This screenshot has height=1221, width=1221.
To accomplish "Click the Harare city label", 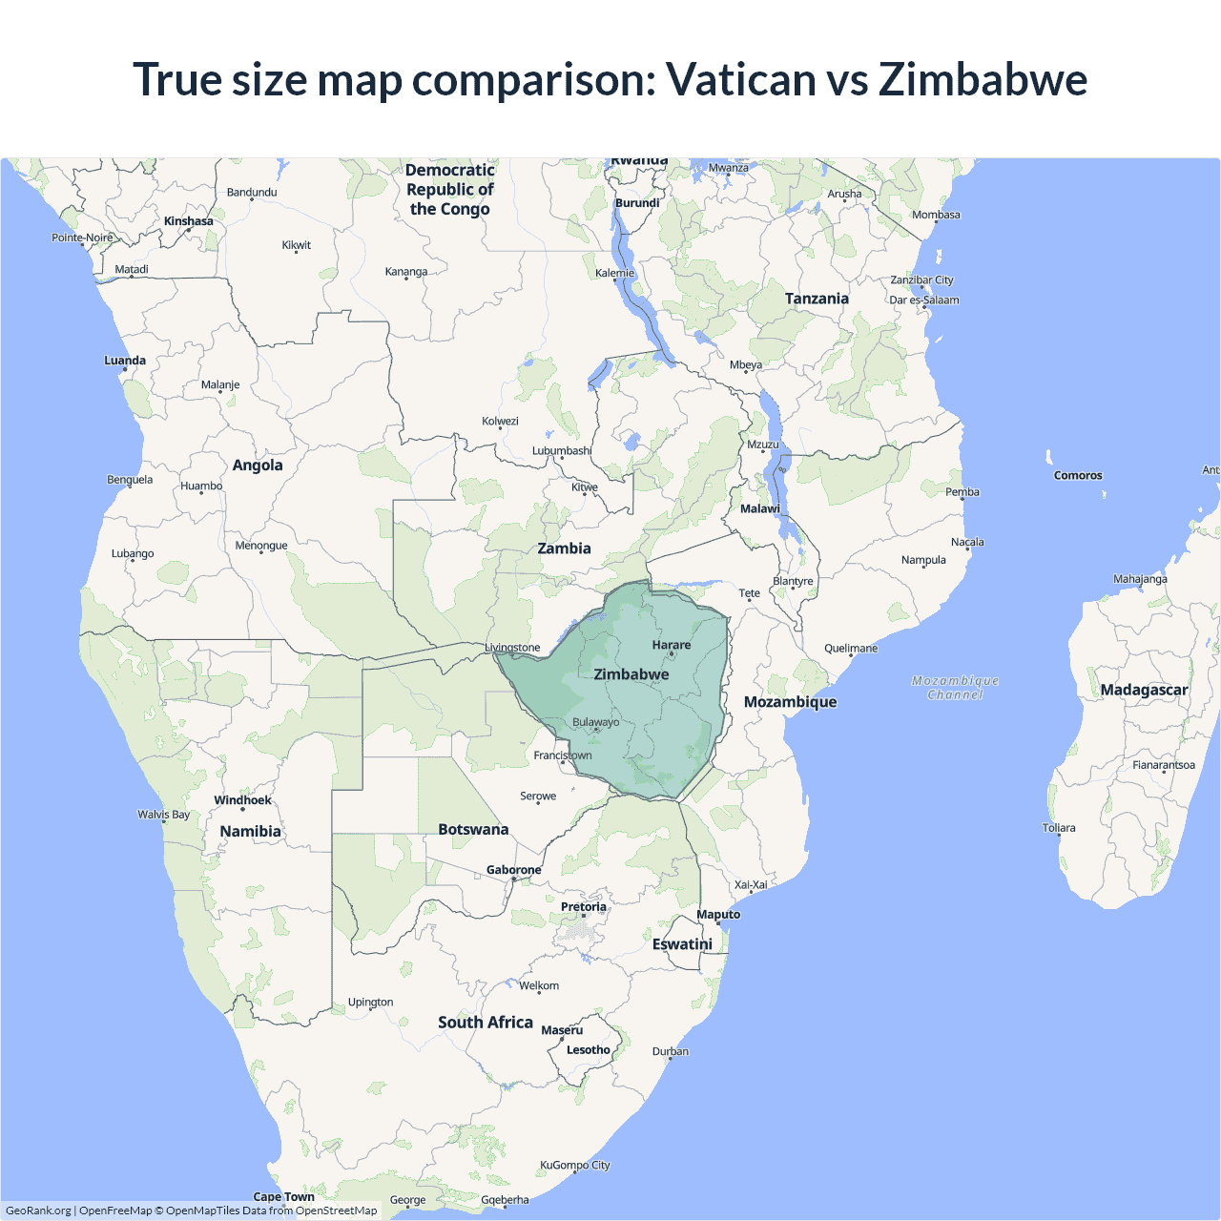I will click(672, 645).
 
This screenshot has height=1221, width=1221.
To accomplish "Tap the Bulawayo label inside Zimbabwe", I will click(595, 722).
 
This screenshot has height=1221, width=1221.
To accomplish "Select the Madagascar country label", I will click(1144, 690).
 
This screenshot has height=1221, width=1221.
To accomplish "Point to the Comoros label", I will click(1078, 475).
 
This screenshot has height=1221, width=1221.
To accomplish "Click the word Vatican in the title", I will click(740, 79).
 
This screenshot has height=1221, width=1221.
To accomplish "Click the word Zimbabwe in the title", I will click(983, 79).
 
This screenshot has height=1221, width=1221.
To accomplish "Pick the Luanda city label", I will click(125, 361).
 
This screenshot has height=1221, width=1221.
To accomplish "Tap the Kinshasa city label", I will click(189, 221).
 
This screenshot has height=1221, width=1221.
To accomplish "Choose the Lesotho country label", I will click(589, 1050).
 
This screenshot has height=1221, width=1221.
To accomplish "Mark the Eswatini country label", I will click(682, 943).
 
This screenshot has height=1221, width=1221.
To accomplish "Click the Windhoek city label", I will click(242, 800).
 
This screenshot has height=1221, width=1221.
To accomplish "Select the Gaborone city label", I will click(513, 870).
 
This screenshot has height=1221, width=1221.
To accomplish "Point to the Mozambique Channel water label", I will click(955, 687).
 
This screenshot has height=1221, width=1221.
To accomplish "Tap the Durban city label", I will click(671, 1051).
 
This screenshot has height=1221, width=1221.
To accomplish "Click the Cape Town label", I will click(283, 1196).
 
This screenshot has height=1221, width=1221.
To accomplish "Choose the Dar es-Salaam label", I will click(924, 300).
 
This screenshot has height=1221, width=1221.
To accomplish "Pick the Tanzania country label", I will click(817, 299).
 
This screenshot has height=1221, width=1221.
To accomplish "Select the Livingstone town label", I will click(512, 648).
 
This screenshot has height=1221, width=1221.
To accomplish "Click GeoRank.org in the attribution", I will click(38, 1211).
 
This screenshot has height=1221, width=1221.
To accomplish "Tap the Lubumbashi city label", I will click(562, 450).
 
